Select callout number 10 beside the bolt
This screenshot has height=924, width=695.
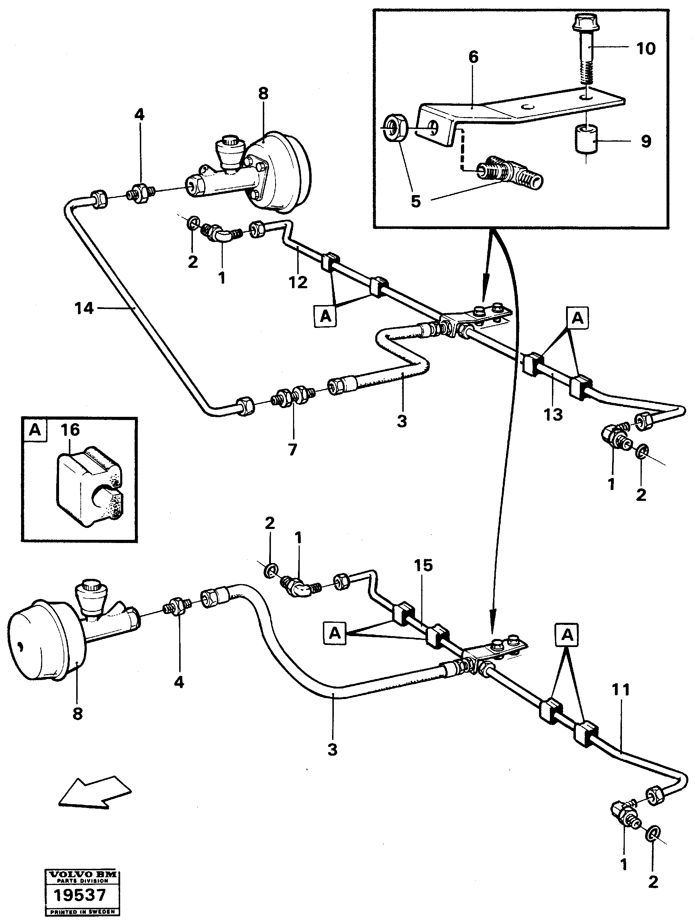pos(646,49)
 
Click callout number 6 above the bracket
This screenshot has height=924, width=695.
pos(473,57)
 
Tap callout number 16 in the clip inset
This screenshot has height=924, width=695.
pos(70,429)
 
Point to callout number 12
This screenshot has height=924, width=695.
pos(298,282)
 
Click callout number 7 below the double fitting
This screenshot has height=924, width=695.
pos(292,450)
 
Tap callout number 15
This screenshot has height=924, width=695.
pos(423,566)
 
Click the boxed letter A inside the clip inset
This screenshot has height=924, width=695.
pos(35,429)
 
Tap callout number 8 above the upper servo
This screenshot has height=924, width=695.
pos(263,93)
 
